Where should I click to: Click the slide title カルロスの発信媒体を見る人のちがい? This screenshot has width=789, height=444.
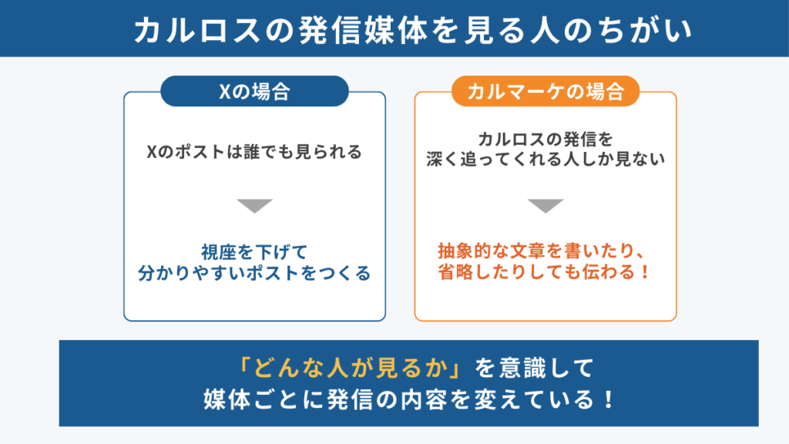coord(413,30)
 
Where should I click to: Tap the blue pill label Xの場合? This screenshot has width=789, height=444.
coord(254,91)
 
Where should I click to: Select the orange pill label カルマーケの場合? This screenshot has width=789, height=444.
coord(546,91)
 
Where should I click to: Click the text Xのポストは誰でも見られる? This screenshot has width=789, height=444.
coord(254,152)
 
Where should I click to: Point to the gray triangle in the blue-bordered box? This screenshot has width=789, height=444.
coord(254,205)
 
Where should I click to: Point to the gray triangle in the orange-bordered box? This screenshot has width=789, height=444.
coord(546,205)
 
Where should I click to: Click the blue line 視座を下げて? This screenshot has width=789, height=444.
coord(254,252)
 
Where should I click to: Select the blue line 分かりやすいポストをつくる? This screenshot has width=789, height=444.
coord(254,273)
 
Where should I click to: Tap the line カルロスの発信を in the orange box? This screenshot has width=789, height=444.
coord(546,139)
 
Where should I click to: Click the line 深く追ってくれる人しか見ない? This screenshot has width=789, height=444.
coord(546,159)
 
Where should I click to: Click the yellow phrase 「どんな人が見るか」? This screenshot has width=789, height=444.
coord(351,368)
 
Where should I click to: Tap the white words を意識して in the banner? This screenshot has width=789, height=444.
coord(535,368)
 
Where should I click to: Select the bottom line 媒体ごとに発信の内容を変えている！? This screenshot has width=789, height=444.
coord(408,399)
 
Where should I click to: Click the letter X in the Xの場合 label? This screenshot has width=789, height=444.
coord(224,92)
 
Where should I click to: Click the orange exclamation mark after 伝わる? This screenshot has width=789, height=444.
coord(646,272)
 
